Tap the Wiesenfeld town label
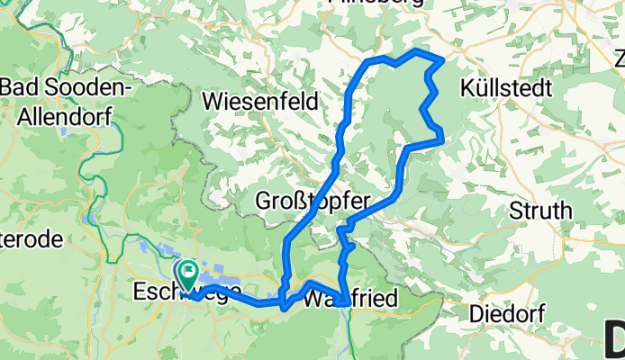(x=261, y=101)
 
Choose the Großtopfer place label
(x=312, y=200)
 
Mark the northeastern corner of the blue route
(x=442, y=59)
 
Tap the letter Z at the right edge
(x=619, y=59)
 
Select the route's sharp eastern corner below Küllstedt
(x=441, y=139)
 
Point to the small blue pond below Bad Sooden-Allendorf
(x=88, y=217)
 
